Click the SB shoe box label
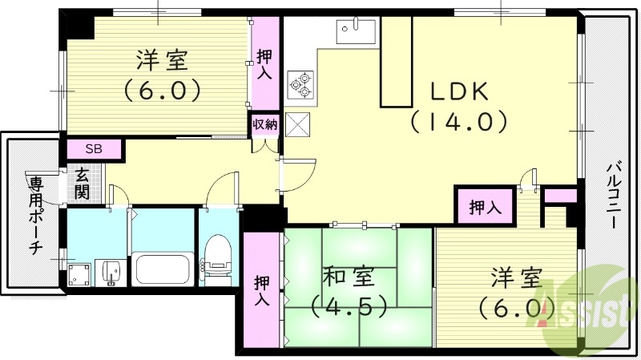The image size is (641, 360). click(x=94, y=149)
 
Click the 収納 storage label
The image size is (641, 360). click(x=264, y=124)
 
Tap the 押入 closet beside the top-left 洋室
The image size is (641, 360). click(x=264, y=64)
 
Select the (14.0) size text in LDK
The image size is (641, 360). click(x=460, y=122)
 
